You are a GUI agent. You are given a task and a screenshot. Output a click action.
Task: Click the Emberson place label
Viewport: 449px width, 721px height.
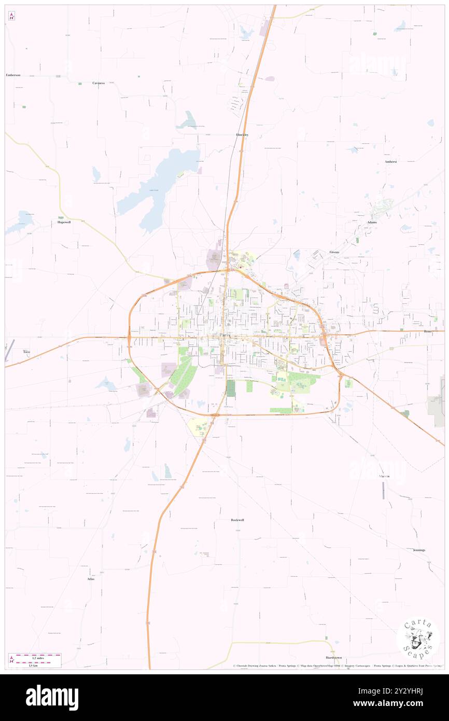(13, 75)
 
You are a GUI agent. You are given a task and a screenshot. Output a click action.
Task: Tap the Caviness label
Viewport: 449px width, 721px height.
(99, 83)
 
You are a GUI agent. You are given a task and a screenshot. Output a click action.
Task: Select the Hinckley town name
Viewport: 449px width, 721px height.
(242, 135)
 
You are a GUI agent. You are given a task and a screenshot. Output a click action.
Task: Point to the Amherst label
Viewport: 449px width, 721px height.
(390, 162)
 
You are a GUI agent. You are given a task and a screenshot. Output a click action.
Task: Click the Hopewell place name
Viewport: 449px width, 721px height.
(64, 222)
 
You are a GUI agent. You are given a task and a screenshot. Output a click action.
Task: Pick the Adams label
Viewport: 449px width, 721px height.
(372, 223)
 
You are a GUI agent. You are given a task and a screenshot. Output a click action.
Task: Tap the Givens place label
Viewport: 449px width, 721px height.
(334, 252)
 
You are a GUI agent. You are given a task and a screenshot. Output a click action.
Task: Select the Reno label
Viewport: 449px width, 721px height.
(427, 331)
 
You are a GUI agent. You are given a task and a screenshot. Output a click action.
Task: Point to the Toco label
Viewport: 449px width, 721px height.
(26, 352)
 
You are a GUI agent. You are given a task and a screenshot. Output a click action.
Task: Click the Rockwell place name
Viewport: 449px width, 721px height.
(237, 520)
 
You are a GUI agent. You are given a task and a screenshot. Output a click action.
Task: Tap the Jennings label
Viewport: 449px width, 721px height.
(419, 550)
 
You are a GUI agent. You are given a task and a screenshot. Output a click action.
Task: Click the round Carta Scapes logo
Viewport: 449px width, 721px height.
(418, 640)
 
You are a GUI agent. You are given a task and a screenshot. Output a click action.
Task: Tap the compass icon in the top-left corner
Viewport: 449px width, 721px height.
(11, 16)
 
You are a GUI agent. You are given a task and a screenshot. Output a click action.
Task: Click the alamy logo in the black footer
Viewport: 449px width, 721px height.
(52, 698)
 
